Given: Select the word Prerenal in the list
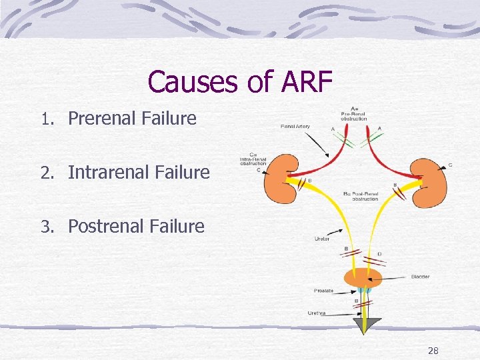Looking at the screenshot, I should click(x=102, y=119).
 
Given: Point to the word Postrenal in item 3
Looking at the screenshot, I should click(x=104, y=226).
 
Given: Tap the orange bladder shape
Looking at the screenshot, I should click(x=363, y=277).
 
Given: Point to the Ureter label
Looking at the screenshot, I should click(x=321, y=239).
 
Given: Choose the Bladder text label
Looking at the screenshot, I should click(x=420, y=277).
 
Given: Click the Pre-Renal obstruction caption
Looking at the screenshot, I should click(x=354, y=115).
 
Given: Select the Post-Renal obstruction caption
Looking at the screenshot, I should click(x=361, y=195).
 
